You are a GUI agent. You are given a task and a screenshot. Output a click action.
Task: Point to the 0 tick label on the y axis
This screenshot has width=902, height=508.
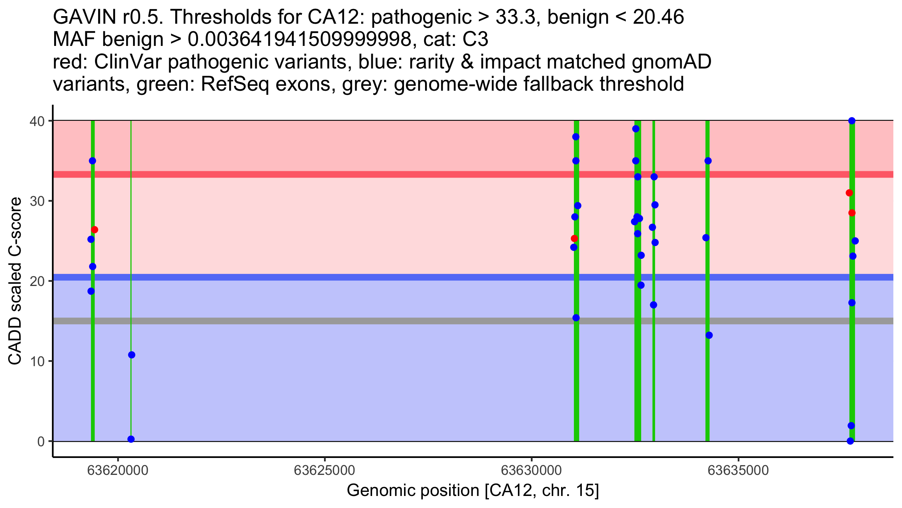pos(41,441)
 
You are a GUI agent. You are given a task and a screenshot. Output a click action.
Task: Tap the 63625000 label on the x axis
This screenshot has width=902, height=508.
pos(324,470)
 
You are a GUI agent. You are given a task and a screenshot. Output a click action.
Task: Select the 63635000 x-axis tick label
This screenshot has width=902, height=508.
pos(739,470)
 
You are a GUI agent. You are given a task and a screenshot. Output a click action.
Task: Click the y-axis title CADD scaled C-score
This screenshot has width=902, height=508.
pos(15,281)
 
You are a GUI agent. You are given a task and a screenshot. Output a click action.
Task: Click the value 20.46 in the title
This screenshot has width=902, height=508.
pos(658,17)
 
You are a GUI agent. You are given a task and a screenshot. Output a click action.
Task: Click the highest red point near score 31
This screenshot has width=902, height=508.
pos(849,193)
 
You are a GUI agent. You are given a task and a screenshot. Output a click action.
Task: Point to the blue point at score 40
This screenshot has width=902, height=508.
pos(852,121)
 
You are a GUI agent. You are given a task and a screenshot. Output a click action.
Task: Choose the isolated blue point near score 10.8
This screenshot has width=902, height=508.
pos(132,355)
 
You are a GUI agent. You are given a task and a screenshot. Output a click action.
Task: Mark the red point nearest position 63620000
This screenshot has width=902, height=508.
pos(95,230)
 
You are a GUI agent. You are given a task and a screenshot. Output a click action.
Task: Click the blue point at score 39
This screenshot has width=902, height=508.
pos(636,129)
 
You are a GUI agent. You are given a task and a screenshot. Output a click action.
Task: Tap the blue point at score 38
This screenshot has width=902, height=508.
pos(576,137)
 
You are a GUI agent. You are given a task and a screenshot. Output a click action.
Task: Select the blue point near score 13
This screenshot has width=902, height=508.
pos(709,335)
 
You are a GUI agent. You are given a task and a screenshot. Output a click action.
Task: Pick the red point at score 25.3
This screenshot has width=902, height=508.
pos(574,239)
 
